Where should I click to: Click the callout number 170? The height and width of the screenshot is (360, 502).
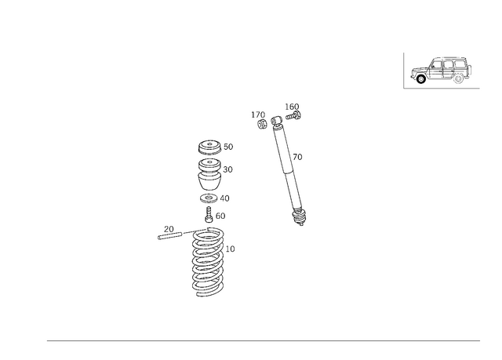point(258,115)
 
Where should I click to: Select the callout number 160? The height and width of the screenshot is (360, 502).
point(292,107)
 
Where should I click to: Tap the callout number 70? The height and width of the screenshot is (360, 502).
point(297,157)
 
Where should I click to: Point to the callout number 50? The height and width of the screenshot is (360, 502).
point(228,147)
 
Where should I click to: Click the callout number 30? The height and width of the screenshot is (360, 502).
point(227,169)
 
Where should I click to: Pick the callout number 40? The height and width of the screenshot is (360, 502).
point(225,198)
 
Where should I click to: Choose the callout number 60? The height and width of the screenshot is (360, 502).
point(220,216)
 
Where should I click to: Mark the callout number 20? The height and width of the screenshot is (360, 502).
point(169,229)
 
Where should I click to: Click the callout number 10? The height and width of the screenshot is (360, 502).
point(230,249)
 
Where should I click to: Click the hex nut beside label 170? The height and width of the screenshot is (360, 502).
point(262,124)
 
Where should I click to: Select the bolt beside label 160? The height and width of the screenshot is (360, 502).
point(293,115)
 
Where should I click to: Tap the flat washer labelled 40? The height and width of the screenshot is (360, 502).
point(209,198)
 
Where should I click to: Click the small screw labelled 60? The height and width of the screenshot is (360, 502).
point(209,215)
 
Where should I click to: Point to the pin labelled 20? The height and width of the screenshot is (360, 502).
point(170,236)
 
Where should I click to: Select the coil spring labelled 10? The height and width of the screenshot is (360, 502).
point(208,262)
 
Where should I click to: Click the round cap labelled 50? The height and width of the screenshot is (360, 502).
point(209,147)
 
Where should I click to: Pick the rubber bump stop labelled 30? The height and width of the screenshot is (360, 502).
point(209,174)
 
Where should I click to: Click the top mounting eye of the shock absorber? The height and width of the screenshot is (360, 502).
point(276,121)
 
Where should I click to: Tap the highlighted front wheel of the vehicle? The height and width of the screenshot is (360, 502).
point(421,78)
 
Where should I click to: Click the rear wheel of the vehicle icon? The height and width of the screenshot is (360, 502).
point(458,78)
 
